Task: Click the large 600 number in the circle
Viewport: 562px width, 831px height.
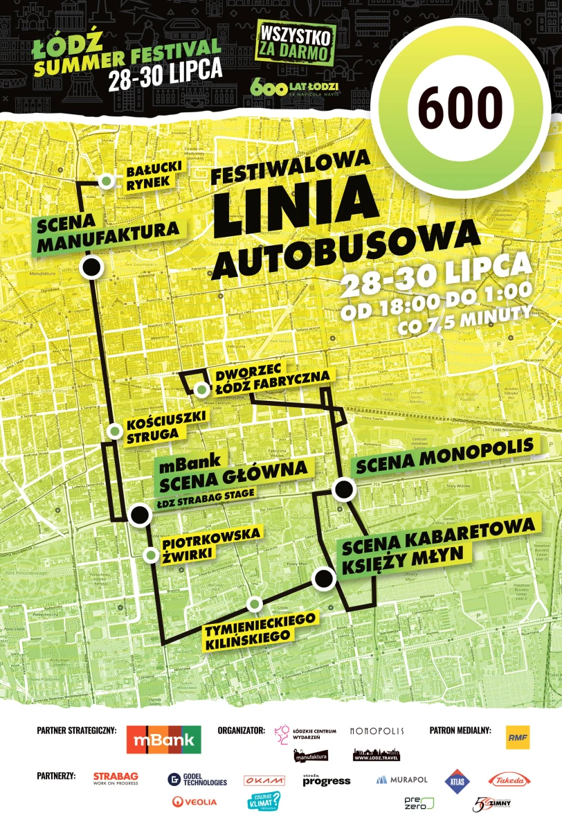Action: [x=460, y=109]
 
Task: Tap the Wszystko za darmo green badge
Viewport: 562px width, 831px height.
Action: [x=296, y=43]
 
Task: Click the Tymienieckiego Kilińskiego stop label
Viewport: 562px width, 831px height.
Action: [x=260, y=629]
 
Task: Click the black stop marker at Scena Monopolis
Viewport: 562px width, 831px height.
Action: [x=343, y=490]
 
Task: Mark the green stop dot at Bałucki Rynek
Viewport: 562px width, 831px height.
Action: [x=107, y=181]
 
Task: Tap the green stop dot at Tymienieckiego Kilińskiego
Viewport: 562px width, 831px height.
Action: [x=255, y=604]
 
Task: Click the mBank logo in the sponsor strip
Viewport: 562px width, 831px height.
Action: [x=164, y=740]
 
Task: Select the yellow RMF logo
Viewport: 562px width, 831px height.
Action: [x=518, y=738]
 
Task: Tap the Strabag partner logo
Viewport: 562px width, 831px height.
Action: [x=116, y=778]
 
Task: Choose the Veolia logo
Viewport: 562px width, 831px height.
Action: [x=194, y=802]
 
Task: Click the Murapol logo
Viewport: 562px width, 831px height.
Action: [x=402, y=780]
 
